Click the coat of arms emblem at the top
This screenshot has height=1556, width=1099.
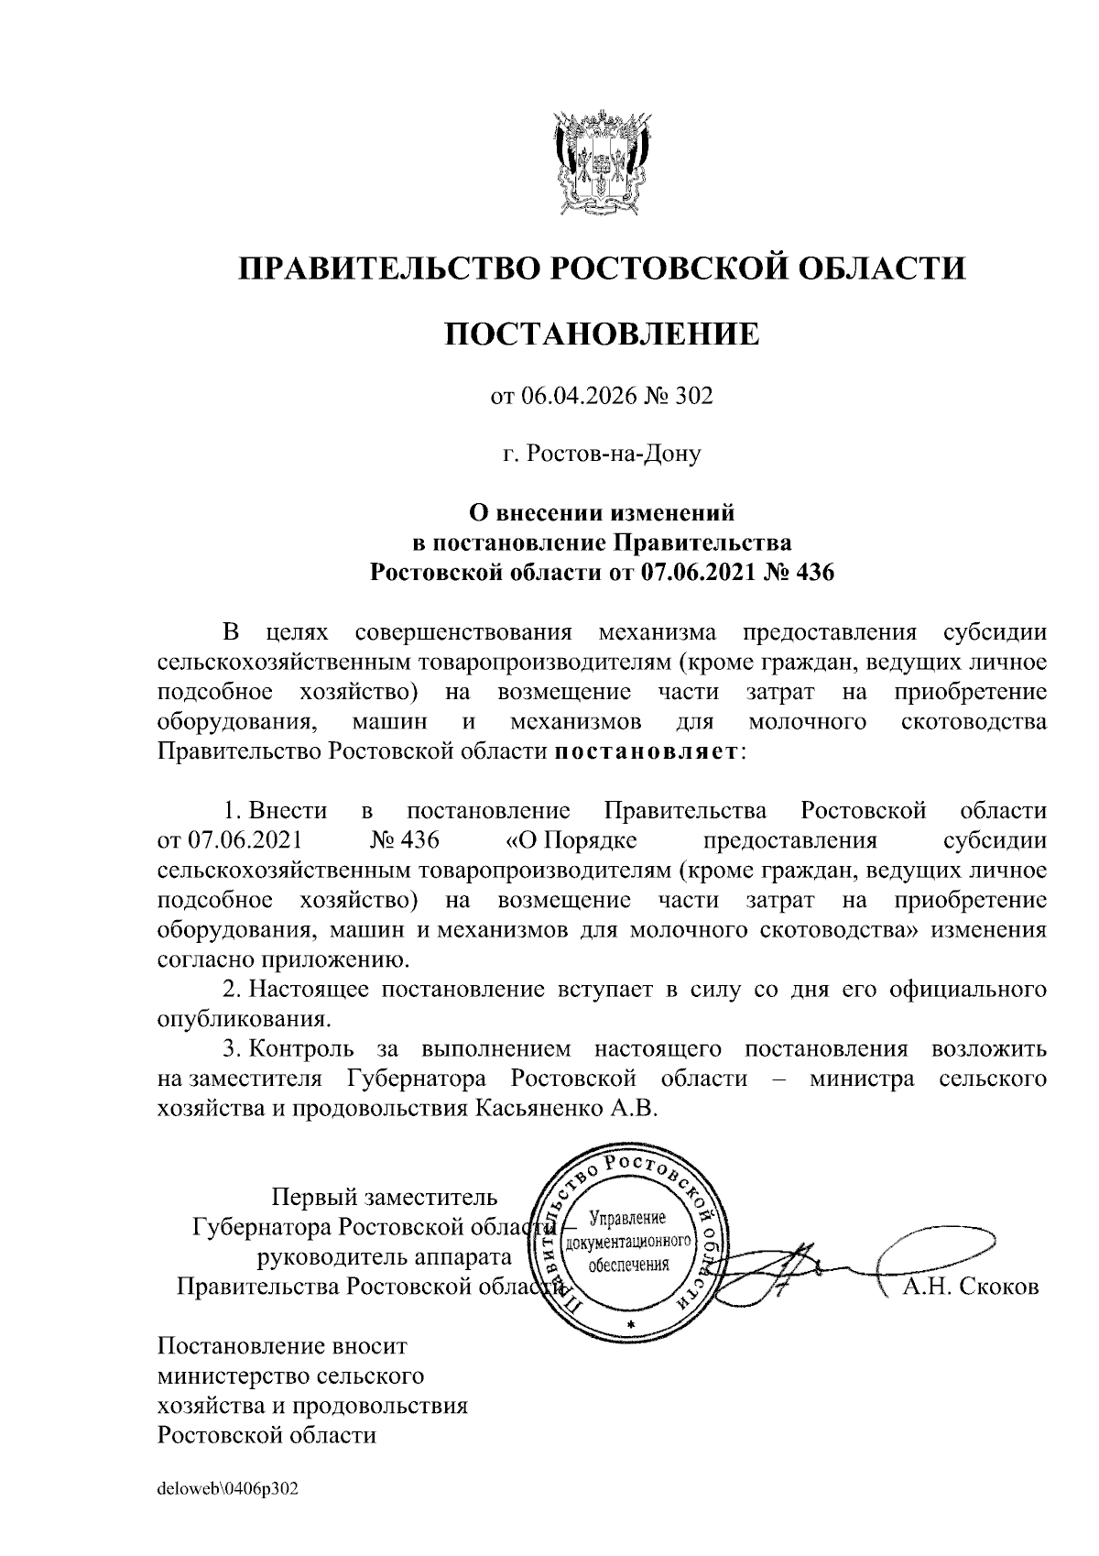click(x=601, y=162)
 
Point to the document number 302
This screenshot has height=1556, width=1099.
click(x=693, y=396)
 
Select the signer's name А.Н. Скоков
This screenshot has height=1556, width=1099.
click(x=971, y=1287)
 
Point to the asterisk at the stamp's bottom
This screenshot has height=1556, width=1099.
click(x=629, y=1326)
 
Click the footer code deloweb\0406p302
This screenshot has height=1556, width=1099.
click(x=228, y=1489)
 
